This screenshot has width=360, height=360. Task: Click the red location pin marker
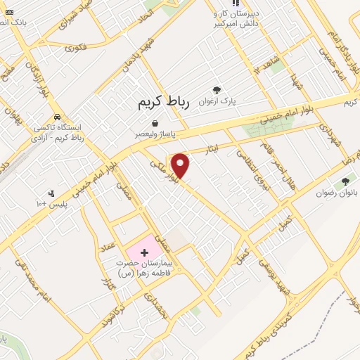pos(181,166)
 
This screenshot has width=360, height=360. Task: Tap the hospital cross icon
pos(145,251)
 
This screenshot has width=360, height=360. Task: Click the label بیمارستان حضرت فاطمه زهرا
pos(146,271)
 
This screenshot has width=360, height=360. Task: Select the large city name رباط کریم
pos(163,103)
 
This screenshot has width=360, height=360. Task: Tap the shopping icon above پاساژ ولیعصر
pos(154,123)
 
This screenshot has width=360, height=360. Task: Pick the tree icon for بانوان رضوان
pos(345,182)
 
